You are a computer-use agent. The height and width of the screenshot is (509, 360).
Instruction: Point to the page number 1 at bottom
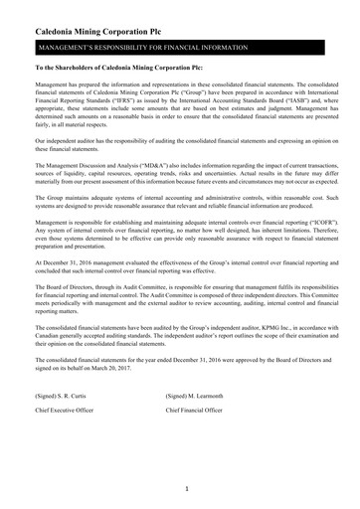pyautogui.click(x=185, y=490)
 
